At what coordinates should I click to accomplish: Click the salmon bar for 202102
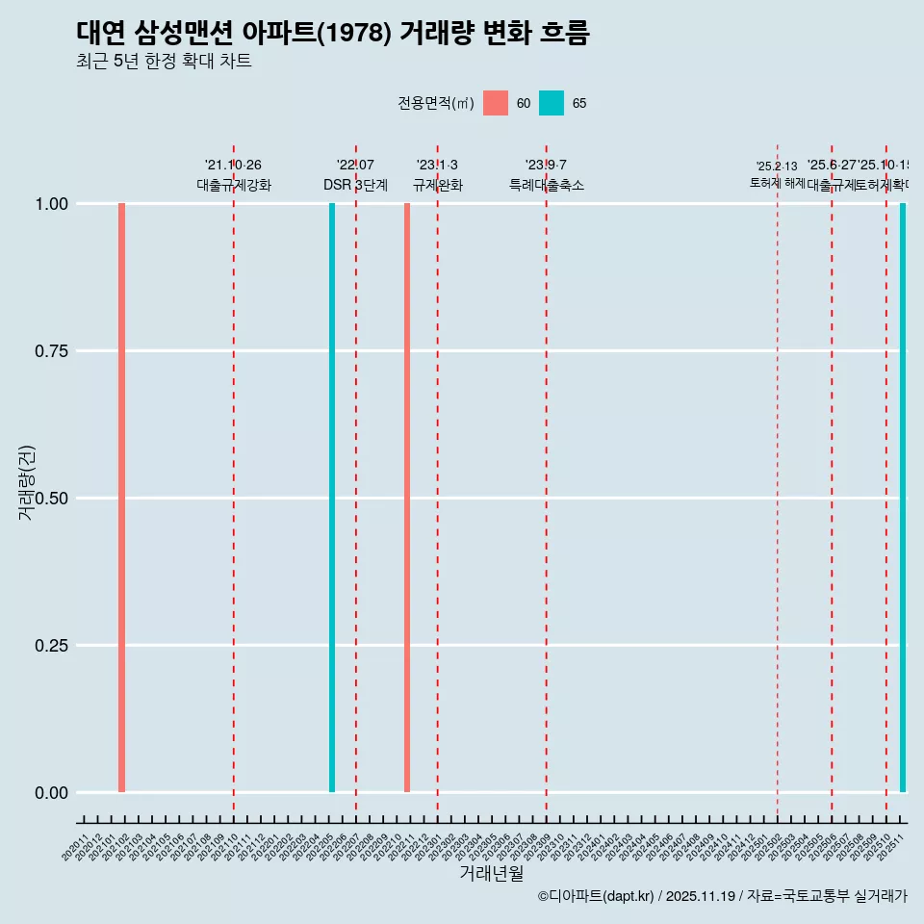click(122, 498)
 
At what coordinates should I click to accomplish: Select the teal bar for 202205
click(332, 498)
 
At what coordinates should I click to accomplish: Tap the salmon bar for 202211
click(407, 498)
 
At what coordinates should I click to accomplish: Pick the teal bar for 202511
click(903, 498)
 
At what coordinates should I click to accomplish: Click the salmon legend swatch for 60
click(496, 103)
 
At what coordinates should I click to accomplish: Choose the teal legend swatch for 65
click(552, 103)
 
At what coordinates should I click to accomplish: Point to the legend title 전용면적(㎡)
click(436, 103)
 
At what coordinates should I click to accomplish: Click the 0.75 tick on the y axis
click(50, 350)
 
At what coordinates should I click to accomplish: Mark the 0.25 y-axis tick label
click(50, 645)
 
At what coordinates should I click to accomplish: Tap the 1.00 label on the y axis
click(50, 203)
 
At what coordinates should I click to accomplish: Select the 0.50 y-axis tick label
click(50, 498)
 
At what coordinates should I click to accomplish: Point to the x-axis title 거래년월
click(491, 873)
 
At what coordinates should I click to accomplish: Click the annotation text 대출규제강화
click(234, 185)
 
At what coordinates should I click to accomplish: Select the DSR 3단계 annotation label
click(355, 185)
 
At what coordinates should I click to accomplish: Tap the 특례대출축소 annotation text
click(547, 185)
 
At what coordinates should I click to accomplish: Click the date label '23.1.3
click(437, 166)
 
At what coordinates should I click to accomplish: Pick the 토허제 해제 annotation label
click(777, 183)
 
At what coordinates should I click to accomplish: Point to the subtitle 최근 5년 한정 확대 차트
click(164, 61)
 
